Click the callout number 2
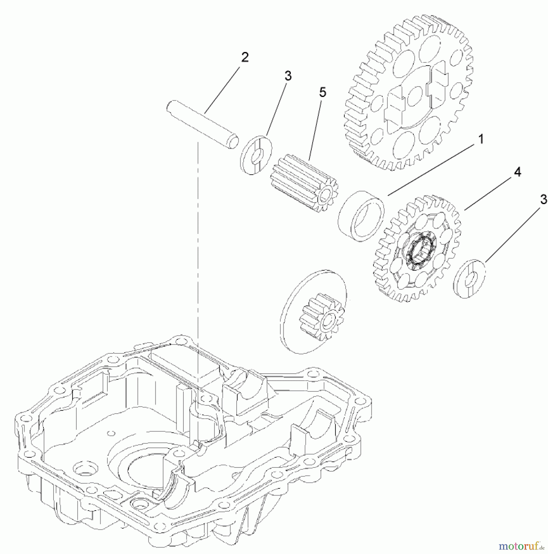click(x=245, y=57)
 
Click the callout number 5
click(x=322, y=92)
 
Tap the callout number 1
click(x=480, y=139)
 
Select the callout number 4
click(x=518, y=172)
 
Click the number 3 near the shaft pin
click(x=288, y=76)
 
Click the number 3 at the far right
click(x=544, y=199)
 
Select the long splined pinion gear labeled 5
click(x=303, y=185)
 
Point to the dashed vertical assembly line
click(x=198, y=246)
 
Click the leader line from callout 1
click(x=431, y=168)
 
